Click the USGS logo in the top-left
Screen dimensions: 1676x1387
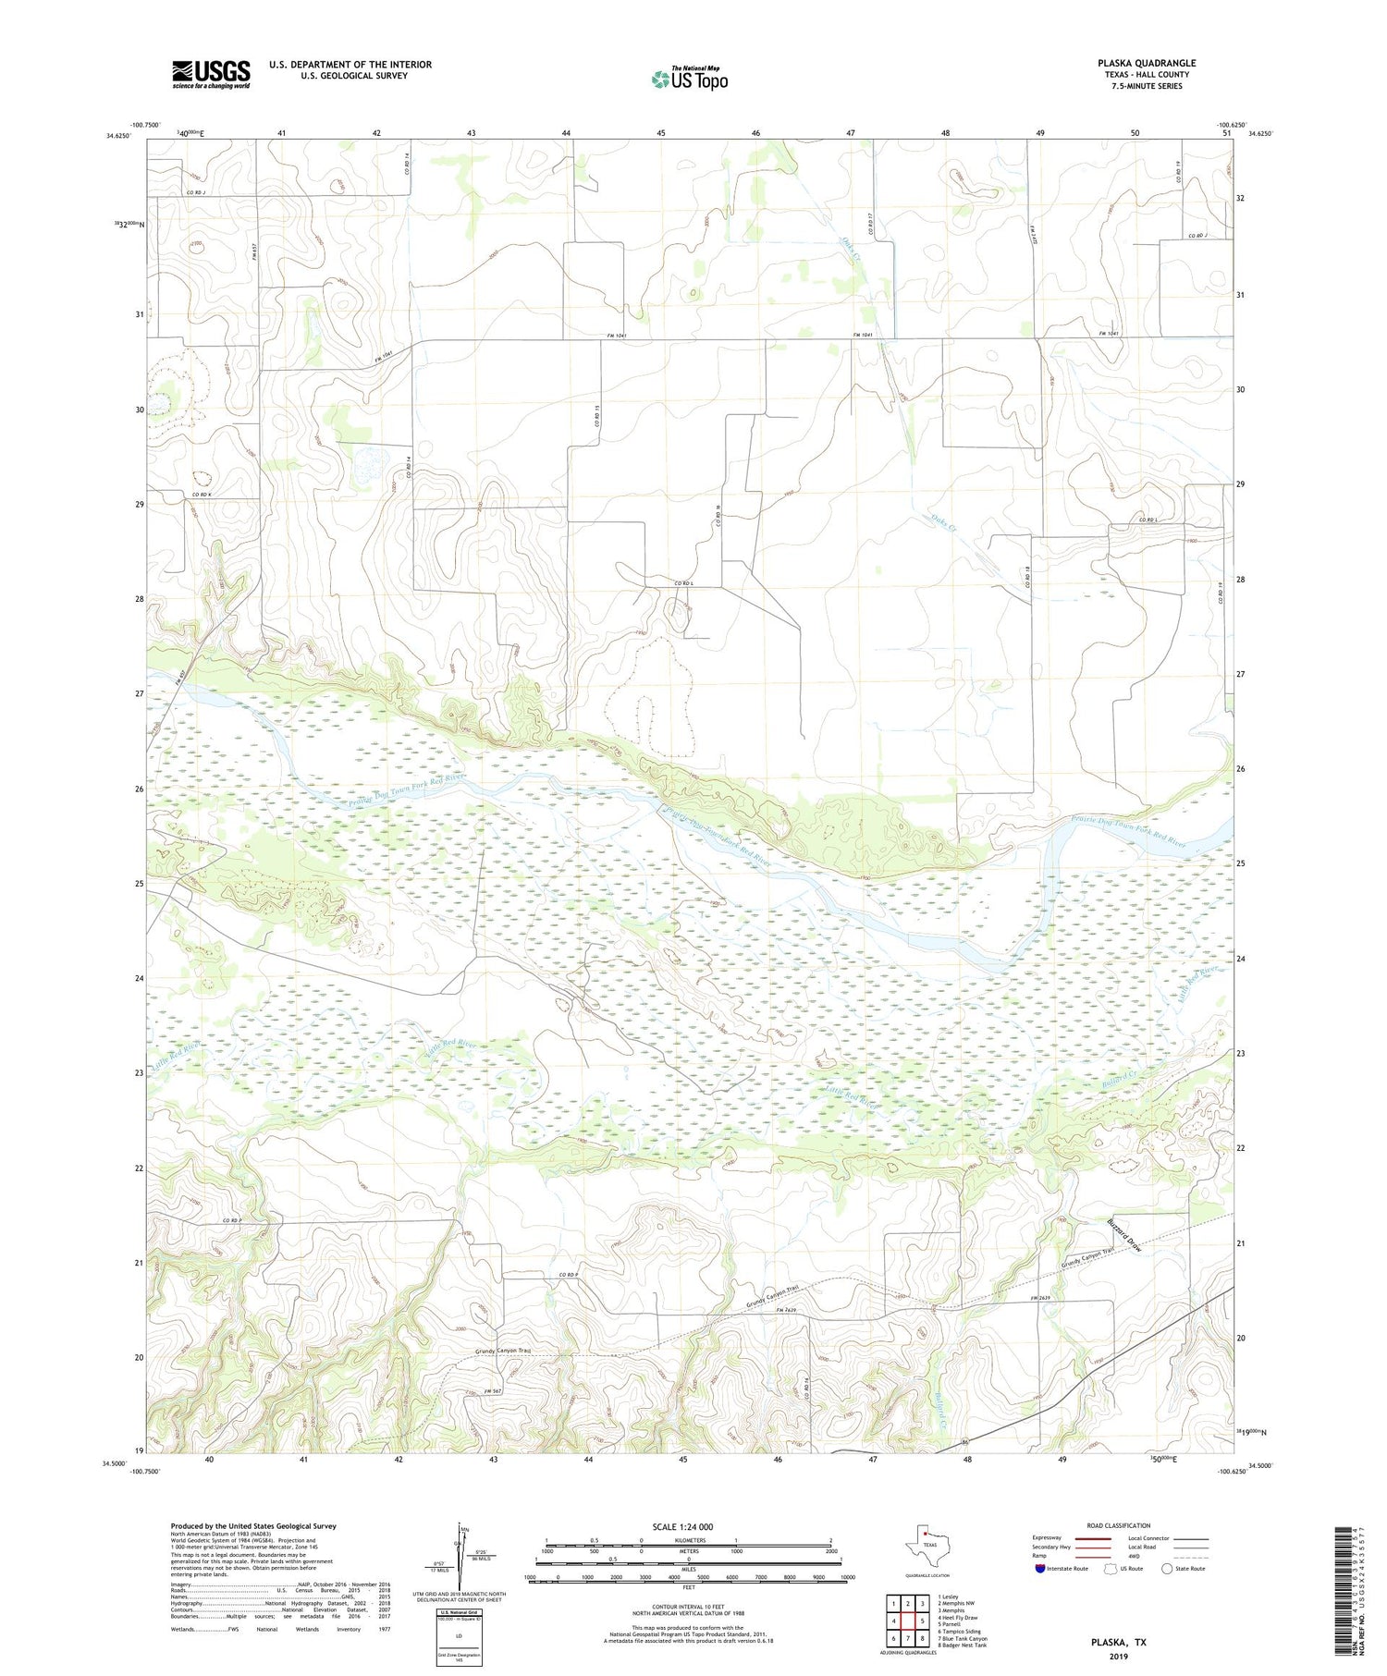211,74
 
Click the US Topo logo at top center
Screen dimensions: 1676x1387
689,80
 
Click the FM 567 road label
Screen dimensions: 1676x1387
491,1392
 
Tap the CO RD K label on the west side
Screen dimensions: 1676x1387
202,495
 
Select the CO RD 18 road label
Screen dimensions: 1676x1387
1027,580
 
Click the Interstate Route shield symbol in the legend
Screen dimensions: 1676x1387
1040,1569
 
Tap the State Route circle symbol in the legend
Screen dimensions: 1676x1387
1167,1569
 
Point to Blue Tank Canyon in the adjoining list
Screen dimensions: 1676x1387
963,1638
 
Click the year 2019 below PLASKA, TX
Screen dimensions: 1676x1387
1121,1655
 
